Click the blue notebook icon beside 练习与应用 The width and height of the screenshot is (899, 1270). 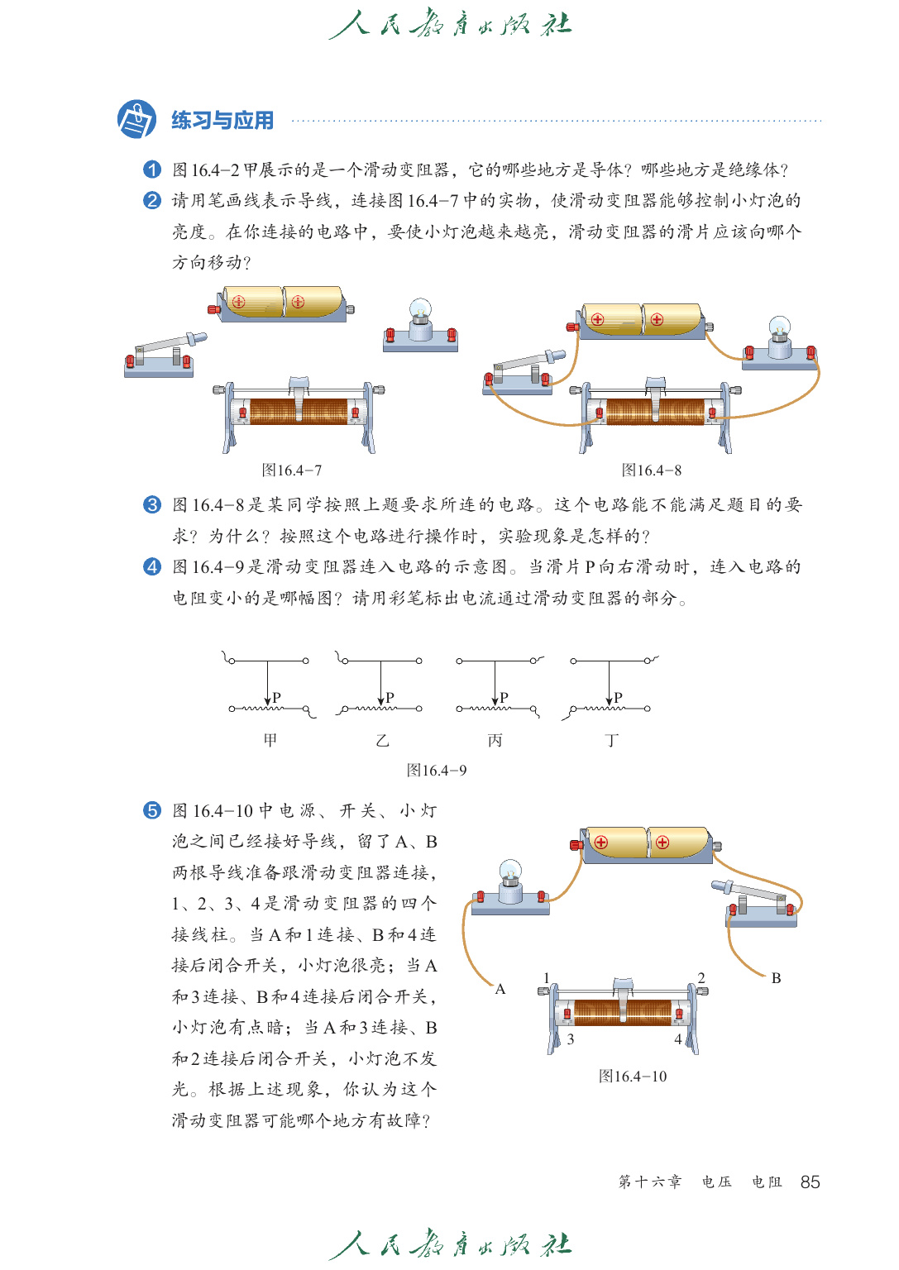(x=136, y=120)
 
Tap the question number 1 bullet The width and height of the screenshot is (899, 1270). (x=152, y=169)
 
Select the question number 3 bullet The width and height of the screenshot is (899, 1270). (x=152, y=504)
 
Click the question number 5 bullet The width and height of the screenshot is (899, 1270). (x=152, y=810)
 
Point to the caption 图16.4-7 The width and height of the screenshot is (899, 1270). (x=292, y=470)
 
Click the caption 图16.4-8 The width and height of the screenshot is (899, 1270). (x=652, y=470)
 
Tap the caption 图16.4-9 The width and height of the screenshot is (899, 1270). (x=437, y=771)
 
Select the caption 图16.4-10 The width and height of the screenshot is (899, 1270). (x=633, y=1077)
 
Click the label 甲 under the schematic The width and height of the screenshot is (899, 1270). (x=270, y=740)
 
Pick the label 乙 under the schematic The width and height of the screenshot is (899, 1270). (x=382, y=740)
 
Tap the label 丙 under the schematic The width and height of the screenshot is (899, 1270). (x=495, y=740)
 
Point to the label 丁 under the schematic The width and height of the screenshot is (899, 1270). (x=611, y=740)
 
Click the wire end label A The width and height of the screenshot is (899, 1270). (x=500, y=989)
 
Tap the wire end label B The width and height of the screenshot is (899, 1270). (x=776, y=978)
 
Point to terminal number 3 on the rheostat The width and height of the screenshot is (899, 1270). (x=571, y=1039)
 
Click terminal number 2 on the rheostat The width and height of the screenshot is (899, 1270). (x=701, y=978)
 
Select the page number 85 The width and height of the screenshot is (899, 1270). (x=811, y=1182)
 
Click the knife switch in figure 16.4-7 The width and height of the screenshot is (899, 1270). (x=163, y=353)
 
